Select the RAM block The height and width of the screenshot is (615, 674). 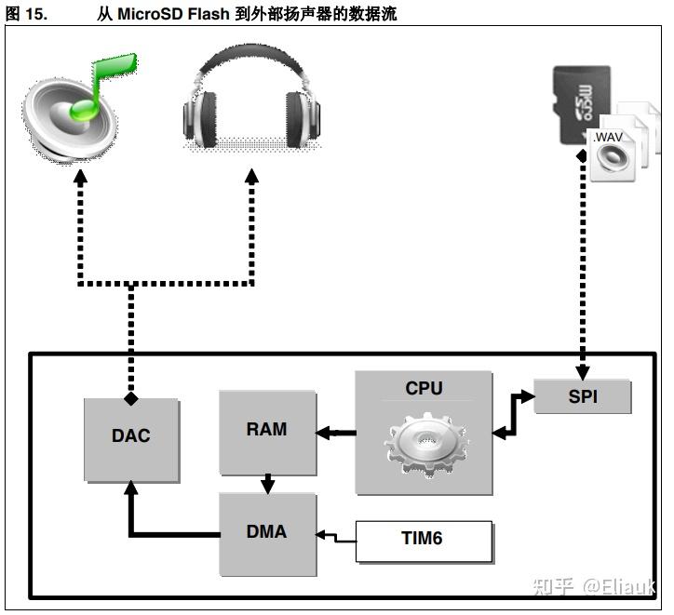(267, 431)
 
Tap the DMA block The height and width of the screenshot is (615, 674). (267, 533)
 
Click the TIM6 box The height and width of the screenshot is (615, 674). (424, 540)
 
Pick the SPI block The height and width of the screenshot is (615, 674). (583, 397)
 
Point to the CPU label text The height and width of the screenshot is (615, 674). (424, 389)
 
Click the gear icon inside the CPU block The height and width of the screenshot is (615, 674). (424, 446)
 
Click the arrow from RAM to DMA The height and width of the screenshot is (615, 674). (268, 484)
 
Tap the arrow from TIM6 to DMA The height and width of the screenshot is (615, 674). (337, 537)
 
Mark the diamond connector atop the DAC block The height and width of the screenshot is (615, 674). (131, 398)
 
